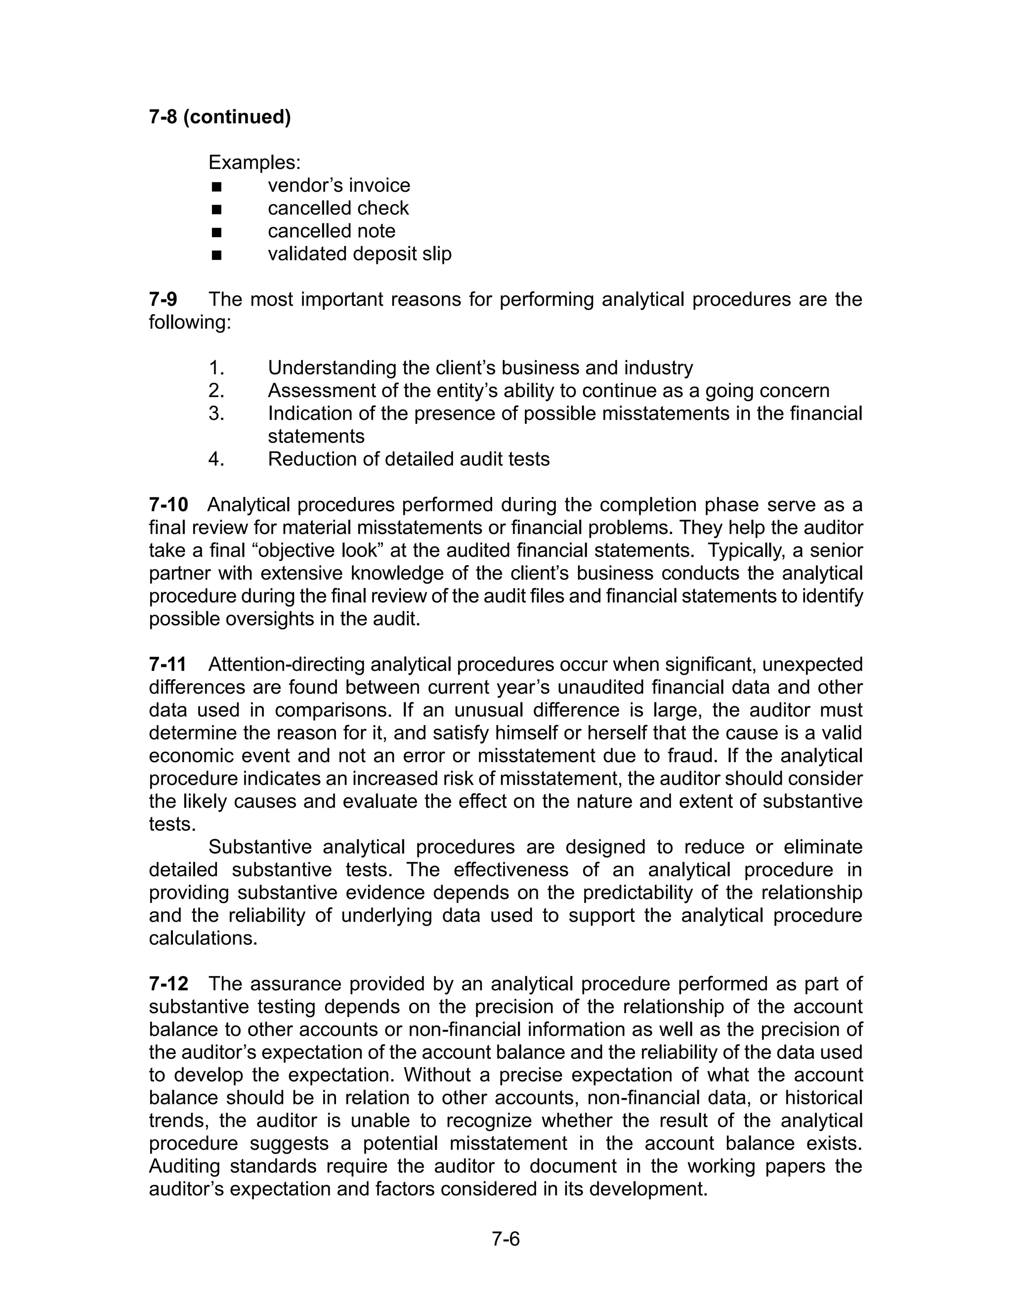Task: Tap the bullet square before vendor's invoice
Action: tap(216, 186)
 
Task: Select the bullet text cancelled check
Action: tap(338, 208)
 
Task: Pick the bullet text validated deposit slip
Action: tap(360, 253)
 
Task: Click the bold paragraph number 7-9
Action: tap(163, 299)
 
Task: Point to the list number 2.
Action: tap(216, 391)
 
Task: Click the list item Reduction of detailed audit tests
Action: tap(408, 459)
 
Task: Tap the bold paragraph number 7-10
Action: tap(169, 505)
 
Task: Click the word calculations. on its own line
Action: tap(203, 938)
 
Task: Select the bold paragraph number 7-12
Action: tap(169, 983)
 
